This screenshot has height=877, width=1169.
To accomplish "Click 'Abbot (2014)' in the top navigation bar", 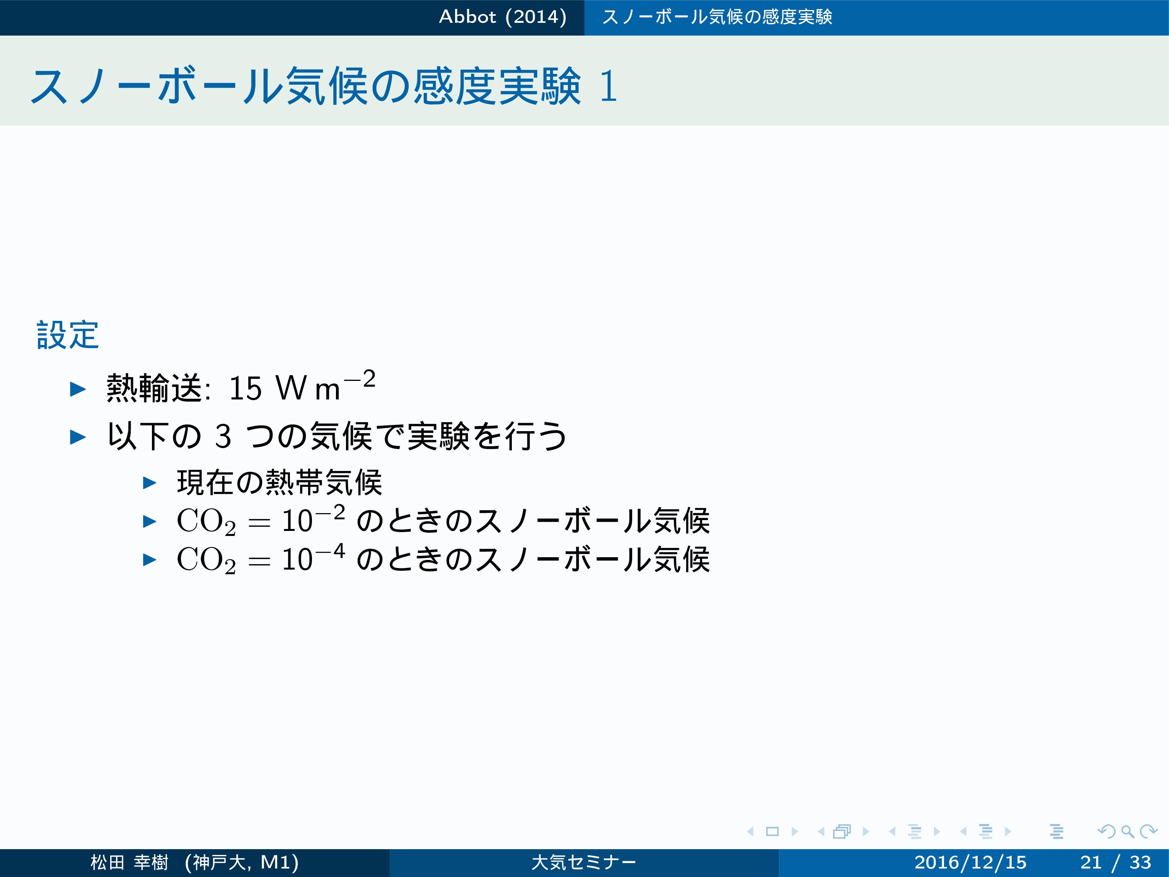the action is [x=503, y=17].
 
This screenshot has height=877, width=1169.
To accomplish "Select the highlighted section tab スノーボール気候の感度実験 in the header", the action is [x=717, y=17].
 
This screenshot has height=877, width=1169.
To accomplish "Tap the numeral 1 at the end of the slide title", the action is [x=608, y=86].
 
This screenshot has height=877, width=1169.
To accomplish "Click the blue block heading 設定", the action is [x=68, y=335].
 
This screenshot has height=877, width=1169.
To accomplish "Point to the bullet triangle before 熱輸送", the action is [x=78, y=390].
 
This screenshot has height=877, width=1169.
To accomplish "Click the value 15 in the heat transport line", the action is [x=245, y=389].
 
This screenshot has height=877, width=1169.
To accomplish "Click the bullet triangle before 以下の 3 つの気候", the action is [x=78, y=437].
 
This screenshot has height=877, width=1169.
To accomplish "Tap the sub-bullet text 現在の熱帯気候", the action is [x=279, y=482].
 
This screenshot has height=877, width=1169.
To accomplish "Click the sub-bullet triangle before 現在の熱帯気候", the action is [x=150, y=483].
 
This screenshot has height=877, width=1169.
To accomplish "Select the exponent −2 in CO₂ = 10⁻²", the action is [x=330, y=513].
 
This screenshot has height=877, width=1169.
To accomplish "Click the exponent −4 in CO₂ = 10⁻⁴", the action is [x=330, y=551].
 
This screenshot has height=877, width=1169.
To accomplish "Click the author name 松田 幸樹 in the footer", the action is [x=130, y=862].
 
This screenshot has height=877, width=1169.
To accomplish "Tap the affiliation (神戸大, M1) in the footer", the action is [x=242, y=862].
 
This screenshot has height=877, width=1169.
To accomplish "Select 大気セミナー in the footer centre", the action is [x=584, y=862].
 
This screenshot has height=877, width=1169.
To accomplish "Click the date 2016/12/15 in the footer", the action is [x=970, y=862].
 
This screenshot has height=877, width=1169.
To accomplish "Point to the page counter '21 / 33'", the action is [x=1116, y=862].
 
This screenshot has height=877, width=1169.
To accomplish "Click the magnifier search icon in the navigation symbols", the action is [x=1127, y=831].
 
